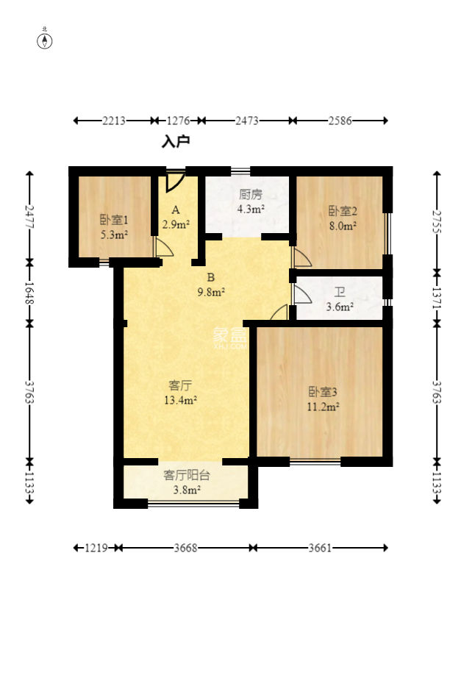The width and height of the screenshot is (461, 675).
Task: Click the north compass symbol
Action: (45, 40)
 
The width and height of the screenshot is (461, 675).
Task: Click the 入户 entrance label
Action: (176, 141)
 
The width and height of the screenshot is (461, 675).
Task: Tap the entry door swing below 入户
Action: (175, 181)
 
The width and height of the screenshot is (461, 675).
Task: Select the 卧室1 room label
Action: (114, 220)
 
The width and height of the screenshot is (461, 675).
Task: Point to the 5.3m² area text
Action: (114, 235)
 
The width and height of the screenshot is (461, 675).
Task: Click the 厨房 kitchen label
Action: (251, 195)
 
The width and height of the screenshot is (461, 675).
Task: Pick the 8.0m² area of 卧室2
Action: (343, 226)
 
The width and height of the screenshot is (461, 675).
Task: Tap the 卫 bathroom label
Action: (340, 293)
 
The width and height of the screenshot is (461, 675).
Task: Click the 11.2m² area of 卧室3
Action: (323, 407)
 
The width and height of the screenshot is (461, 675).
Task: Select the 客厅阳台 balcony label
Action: (186, 475)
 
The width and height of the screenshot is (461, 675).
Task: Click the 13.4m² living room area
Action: (180, 400)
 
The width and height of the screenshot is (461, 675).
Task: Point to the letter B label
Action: (211, 277)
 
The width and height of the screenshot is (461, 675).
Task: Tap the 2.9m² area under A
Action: (176, 224)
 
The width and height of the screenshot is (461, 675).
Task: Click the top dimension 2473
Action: (246, 121)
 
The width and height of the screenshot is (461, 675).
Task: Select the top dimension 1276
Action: (178, 121)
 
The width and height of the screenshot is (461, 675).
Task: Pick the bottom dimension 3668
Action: (185, 548)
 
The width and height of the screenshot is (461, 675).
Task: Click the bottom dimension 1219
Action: (96, 548)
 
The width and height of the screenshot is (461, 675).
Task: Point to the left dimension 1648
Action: (29, 293)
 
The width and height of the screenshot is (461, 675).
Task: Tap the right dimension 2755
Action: (437, 221)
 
